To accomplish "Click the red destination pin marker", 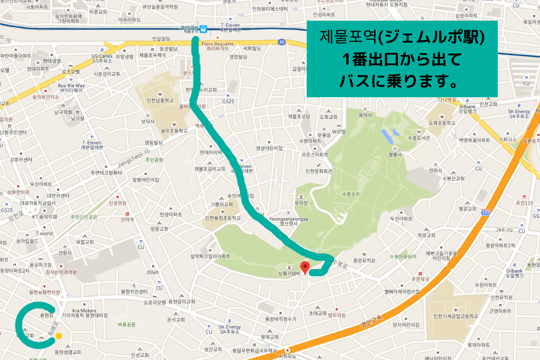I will point(305,267).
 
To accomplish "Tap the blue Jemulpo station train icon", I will point(203,29).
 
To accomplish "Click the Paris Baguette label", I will point(217,44).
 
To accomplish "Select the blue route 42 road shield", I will point(282,42).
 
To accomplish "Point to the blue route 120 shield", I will point(485,212).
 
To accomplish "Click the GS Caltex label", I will point(102,56).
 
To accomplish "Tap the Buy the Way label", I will point(71,86).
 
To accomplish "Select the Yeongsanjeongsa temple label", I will point(288,219).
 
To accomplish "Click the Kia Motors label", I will point(84,311).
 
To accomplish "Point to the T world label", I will point(44,233).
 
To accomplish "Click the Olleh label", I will point(153,273).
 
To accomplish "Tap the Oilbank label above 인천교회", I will point(467,107).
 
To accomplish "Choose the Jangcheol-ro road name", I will point(134,158).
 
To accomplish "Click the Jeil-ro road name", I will point(504,230).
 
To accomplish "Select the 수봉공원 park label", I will point(351,194).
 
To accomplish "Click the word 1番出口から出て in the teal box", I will point(402,59).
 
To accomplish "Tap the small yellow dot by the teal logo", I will point(59,336).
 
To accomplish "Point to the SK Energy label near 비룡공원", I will point(229,327).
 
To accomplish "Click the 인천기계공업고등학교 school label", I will point(455,316).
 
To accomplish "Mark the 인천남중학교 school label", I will point(160,100).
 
